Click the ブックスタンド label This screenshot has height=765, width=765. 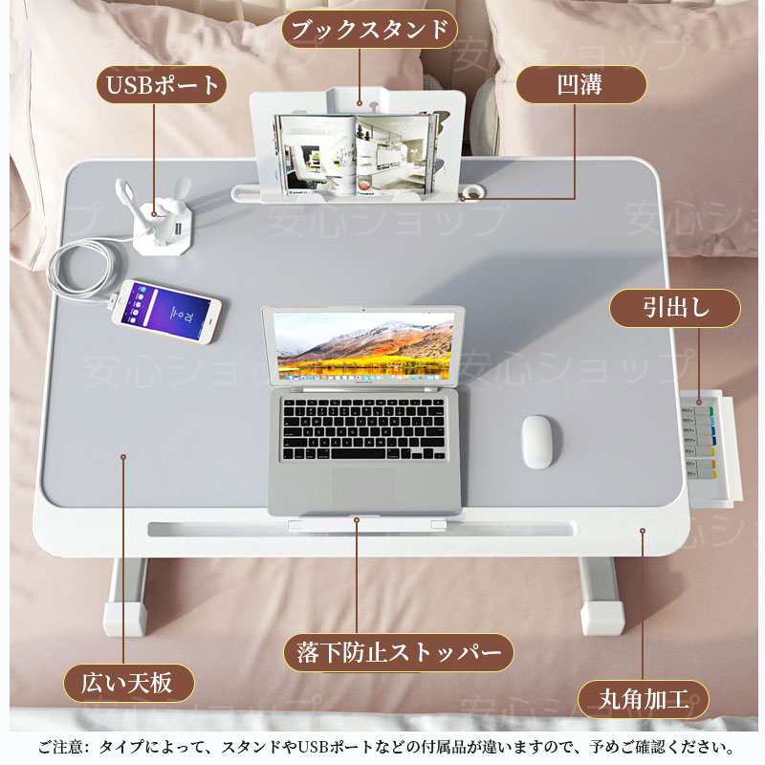click(x=369, y=30)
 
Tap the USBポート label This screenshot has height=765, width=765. click(x=162, y=85)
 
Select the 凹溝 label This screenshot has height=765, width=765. click(x=581, y=85)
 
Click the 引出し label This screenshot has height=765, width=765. click(x=675, y=308)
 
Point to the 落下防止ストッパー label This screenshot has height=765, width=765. click(x=399, y=653)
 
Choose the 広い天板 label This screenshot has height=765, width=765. click(x=129, y=683)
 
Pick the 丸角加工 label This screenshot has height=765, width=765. click(x=644, y=700)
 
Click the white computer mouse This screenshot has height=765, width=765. click(x=537, y=442)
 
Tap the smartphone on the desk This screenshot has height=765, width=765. click(x=166, y=312)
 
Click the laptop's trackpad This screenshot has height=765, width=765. click(x=363, y=487)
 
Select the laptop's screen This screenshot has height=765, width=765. click(x=363, y=346)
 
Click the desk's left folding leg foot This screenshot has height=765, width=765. click(x=125, y=618)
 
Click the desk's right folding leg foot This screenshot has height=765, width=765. click(x=602, y=618)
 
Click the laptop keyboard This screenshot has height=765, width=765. click(x=364, y=429)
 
